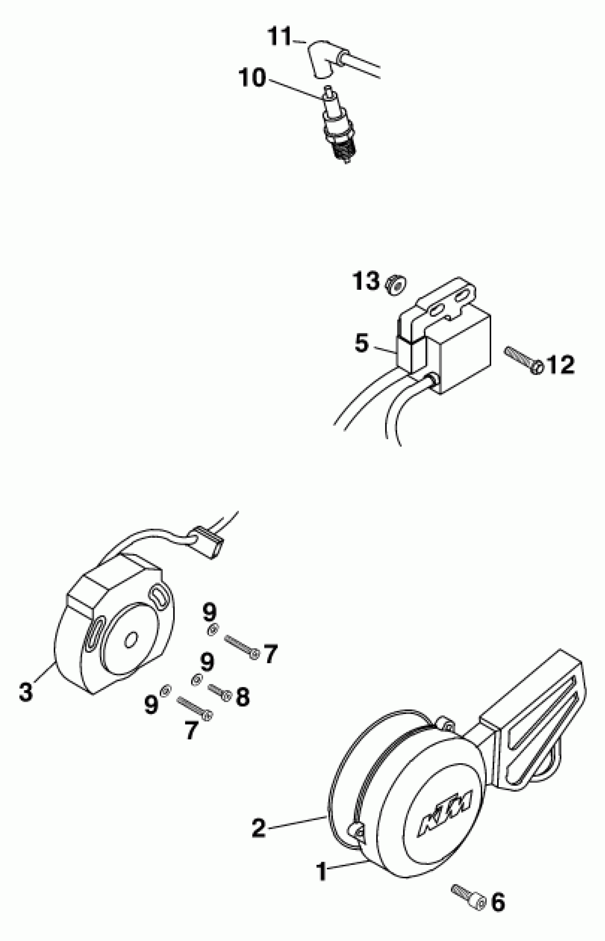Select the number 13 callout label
point(365,281)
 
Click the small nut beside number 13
point(395,284)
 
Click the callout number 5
point(362,343)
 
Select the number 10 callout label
point(252,78)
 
